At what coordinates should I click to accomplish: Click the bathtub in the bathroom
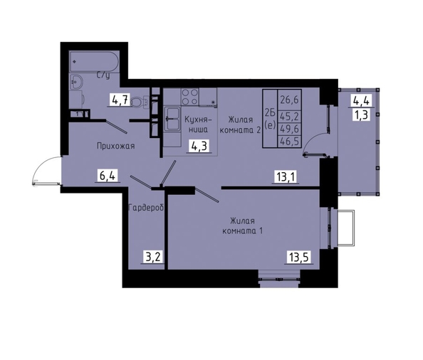coord(94,62)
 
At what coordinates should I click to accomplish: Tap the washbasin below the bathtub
coord(77,82)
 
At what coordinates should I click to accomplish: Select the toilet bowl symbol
coord(140,102)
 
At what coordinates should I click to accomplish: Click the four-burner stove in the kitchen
coord(190,97)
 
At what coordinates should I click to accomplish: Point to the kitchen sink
coord(172,119)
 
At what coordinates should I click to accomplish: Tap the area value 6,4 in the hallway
coord(108,176)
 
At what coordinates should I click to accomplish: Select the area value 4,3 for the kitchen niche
coord(198,146)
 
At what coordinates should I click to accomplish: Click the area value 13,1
coord(286,176)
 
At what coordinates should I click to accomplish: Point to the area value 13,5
coord(299,257)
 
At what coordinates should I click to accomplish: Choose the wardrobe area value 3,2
coord(153,257)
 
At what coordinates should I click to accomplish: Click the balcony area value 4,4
coord(361,101)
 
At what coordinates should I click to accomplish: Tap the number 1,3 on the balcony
coord(361,115)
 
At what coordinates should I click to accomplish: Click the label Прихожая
coord(115,147)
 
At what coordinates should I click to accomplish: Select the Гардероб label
coord(146,208)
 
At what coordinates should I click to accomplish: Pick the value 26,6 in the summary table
coord(289,100)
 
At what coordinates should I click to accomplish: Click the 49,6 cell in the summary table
coord(289,129)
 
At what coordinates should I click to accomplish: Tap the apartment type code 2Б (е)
coord(271,119)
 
